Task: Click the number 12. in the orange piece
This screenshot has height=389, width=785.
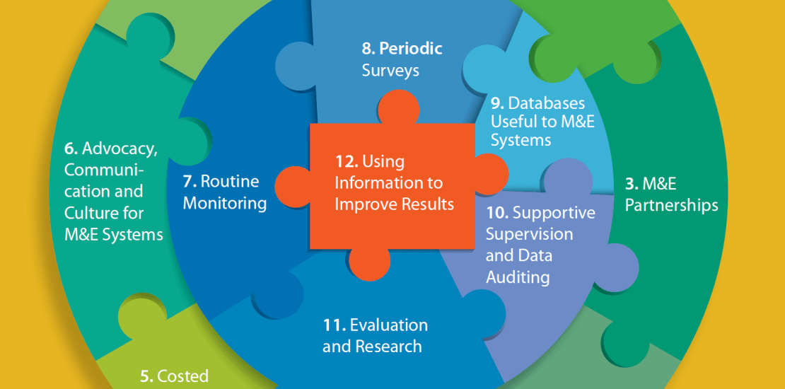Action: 347,162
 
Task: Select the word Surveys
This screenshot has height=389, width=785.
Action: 390,71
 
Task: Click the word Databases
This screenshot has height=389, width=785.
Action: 547,104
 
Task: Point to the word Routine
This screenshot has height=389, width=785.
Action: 230,181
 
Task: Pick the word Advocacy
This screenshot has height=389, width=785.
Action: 120,149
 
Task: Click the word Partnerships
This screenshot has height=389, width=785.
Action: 672,206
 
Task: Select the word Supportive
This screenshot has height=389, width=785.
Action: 554,214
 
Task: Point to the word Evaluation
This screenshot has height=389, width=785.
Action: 389,325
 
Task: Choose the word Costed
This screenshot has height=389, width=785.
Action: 182,376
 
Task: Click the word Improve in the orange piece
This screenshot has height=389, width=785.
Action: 361,205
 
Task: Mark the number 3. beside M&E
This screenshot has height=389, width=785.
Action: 632,184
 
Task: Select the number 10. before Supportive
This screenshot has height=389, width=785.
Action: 497,214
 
